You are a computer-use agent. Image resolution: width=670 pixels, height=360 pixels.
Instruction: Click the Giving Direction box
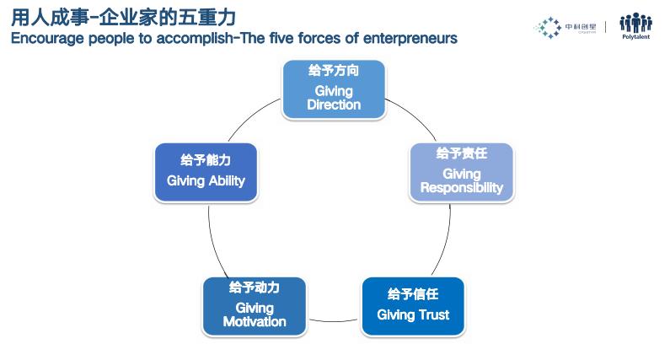point(333,89)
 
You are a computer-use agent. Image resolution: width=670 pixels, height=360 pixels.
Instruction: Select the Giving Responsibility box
point(461,172)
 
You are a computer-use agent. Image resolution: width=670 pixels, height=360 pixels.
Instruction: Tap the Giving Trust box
point(413,306)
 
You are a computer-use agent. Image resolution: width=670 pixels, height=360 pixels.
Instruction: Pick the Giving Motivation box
point(255,306)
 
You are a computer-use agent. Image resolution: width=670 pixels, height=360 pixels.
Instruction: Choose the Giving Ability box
point(206,172)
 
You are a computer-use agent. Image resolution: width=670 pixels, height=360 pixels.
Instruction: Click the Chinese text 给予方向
point(334,71)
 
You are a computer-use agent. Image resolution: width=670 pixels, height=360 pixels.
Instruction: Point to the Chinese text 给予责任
point(461,153)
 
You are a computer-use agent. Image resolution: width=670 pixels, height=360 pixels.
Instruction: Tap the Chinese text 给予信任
point(413,294)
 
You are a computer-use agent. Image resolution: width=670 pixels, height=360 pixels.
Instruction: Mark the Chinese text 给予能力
point(206,159)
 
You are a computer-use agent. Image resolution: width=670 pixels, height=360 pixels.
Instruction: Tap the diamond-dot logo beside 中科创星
point(549,28)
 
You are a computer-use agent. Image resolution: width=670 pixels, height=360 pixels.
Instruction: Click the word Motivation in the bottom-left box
point(255,321)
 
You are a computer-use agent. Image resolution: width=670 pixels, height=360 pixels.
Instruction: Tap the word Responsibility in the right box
point(461,187)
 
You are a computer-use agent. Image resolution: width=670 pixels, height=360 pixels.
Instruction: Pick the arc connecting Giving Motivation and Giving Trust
point(334,320)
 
